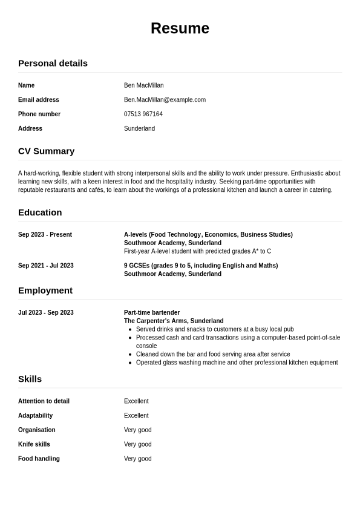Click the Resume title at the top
[180, 28]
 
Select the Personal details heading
[53, 63]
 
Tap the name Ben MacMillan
[143, 85]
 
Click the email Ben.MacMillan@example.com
[165, 100]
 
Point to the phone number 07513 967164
[143, 114]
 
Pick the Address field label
[30, 128]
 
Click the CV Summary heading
[46, 151]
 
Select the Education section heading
[40, 212]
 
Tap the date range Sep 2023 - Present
[45, 235]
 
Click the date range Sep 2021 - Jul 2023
[46, 266]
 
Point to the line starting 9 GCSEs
[201, 266]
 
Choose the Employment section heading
[45, 291]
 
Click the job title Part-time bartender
[152, 313]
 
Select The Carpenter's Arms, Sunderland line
[174, 321]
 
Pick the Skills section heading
[30, 379]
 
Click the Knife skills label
[34, 444]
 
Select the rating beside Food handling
[138, 459]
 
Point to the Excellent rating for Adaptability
[136, 416]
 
